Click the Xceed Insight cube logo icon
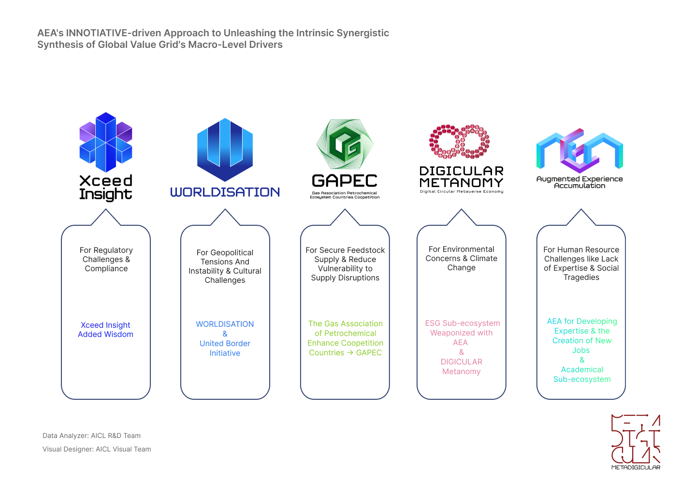coord(106,142)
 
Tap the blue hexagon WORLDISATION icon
coord(225,149)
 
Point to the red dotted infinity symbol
coord(459,141)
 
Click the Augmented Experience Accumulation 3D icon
coord(580,151)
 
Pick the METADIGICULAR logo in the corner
coord(636,442)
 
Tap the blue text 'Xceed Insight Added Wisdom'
coord(106,329)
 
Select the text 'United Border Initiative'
coord(225,348)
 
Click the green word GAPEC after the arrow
coord(369,352)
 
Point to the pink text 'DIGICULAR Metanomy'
coord(462,366)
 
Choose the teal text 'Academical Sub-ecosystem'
coord(582,374)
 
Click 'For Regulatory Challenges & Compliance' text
coord(106,259)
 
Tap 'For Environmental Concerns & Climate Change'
coord(462,258)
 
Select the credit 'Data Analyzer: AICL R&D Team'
coord(91,436)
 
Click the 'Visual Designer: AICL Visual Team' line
coord(97,449)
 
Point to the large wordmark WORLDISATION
coord(225,192)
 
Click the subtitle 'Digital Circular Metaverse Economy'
coord(462,191)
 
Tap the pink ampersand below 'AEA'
coord(462,352)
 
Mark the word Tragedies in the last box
coord(581,277)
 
